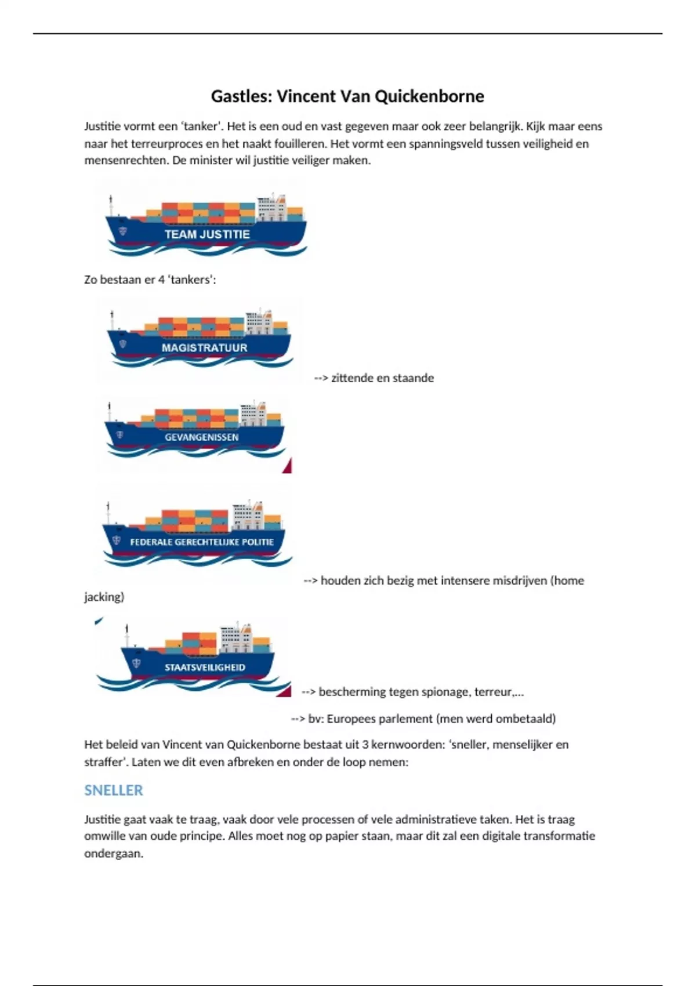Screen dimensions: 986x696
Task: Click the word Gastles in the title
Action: pos(240,96)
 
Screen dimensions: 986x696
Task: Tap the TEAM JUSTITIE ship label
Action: pos(207,234)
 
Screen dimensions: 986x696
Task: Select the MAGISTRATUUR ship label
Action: pos(204,347)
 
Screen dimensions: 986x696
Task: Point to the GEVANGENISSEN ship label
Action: pos(201,437)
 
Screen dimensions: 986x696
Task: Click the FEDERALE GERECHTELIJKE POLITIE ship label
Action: pos(201,542)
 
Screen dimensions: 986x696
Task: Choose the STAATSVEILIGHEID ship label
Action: pos(205,667)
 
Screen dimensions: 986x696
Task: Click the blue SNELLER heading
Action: pos(114,790)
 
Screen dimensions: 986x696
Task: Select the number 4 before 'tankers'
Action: pos(162,280)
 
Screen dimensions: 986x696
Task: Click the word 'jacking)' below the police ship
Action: pos(104,597)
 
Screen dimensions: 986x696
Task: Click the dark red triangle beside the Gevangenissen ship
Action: pos(287,466)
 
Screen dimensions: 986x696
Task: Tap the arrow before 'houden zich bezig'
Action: pos(310,581)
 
